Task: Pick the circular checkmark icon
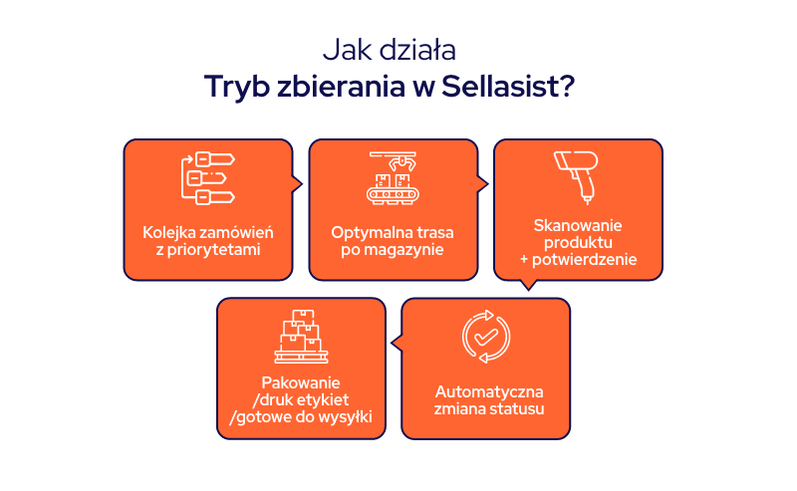486,336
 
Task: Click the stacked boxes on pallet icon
301,336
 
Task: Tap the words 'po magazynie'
393,250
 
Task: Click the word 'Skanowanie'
578,226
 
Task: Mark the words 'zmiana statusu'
486,408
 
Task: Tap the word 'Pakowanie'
301,382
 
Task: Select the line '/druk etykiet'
301,400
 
